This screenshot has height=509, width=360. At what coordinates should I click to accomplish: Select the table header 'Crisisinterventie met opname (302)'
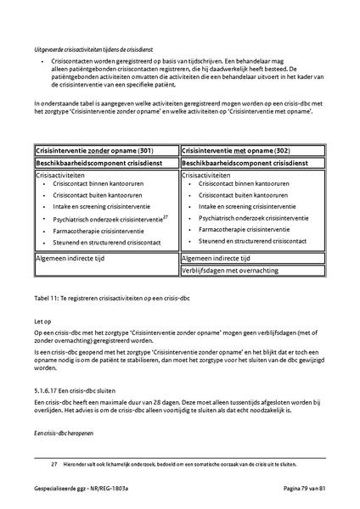[x=235, y=149]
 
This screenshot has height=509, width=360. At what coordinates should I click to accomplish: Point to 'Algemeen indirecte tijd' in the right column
[x=216, y=258]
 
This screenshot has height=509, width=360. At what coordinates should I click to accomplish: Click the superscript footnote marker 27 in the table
[x=166, y=215]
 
